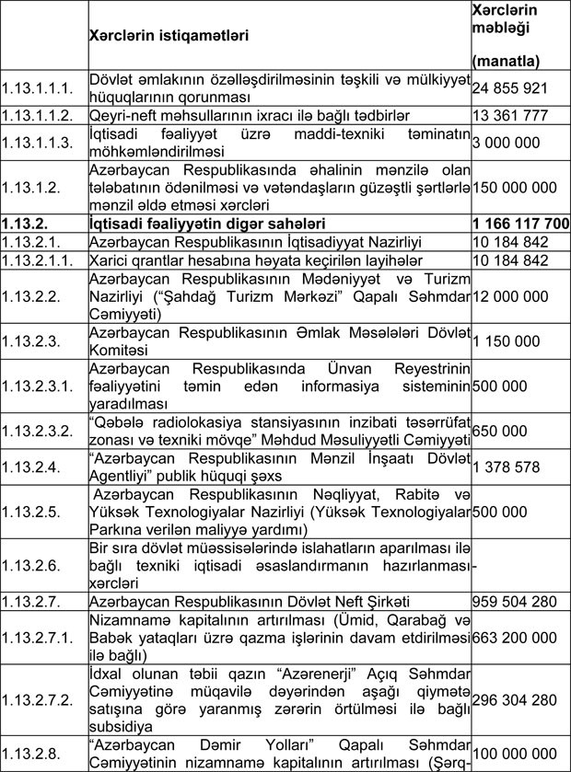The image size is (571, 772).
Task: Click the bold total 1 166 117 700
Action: (x=519, y=222)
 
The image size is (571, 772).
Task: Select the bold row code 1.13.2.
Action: (x=25, y=222)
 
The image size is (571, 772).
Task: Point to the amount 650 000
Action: (x=499, y=430)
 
